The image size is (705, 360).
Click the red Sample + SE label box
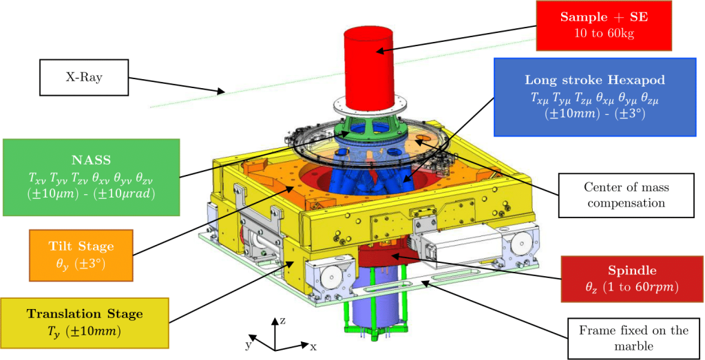(604, 25)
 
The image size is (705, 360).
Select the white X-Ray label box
(85, 77)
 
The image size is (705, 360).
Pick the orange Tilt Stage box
(81, 255)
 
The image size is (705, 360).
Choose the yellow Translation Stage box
(85, 322)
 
